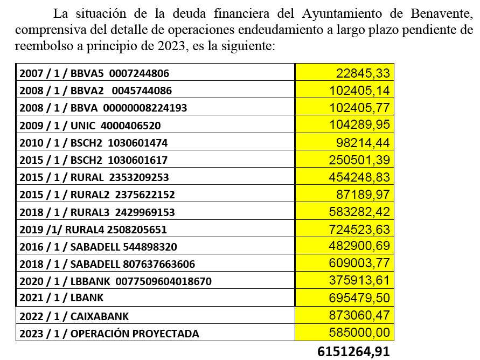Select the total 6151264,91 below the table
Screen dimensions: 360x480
click(354, 352)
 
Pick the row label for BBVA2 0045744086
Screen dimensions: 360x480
click(103, 91)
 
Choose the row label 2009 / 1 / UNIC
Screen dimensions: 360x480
click(90, 126)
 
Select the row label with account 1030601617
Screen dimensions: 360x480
click(93, 160)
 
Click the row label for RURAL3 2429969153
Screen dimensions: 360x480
click(97, 212)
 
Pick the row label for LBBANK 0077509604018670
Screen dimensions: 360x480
click(115, 281)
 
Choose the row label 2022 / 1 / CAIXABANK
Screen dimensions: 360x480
click(74, 316)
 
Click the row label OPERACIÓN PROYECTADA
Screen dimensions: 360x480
click(109, 334)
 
